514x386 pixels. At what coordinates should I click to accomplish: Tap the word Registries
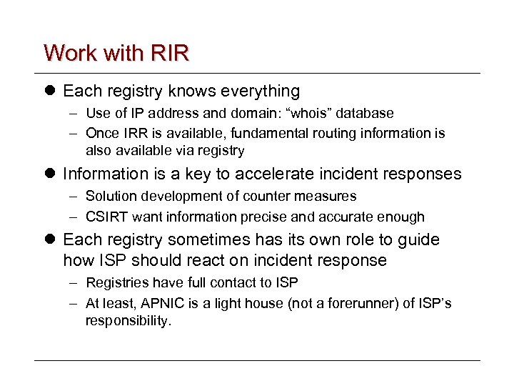114,283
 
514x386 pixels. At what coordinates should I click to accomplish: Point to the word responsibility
128,321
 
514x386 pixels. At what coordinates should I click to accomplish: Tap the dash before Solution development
73,196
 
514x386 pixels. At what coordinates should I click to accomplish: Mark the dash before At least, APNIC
73,304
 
